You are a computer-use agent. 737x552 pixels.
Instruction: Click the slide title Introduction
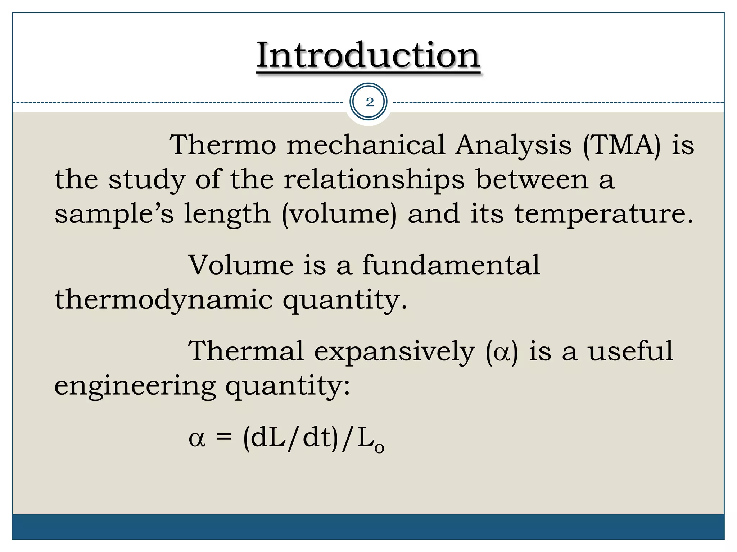click(x=368, y=56)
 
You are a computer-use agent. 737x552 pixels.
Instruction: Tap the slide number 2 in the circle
click(x=369, y=102)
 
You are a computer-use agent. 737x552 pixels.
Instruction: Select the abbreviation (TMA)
click(x=622, y=145)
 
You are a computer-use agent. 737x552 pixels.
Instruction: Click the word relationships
click(x=374, y=179)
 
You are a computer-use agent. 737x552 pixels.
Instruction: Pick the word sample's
click(x=114, y=214)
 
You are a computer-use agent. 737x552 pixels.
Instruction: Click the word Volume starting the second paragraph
click(x=241, y=265)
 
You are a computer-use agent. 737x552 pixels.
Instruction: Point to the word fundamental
click(x=451, y=265)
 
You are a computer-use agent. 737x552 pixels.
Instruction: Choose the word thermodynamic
click(x=164, y=300)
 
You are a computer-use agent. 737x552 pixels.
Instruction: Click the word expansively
click(x=394, y=352)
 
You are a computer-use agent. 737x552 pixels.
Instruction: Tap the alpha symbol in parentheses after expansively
click(x=502, y=352)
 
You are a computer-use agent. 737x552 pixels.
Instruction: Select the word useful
click(x=630, y=351)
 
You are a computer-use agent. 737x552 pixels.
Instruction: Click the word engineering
click(x=135, y=386)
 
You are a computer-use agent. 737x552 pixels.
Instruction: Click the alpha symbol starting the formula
click(x=197, y=439)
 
